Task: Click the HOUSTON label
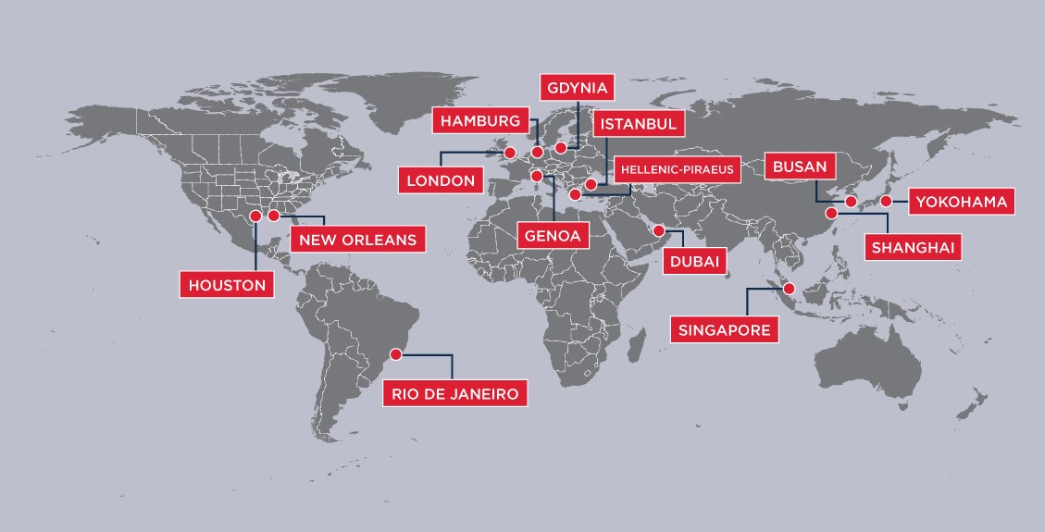click(228, 285)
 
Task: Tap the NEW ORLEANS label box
click(358, 240)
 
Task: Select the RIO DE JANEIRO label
click(456, 393)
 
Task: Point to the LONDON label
click(441, 179)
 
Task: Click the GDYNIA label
click(576, 89)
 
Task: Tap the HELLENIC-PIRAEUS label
click(676, 169)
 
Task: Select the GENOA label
click(553, 235)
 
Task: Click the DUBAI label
click(692, 262)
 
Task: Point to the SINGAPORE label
click(724, 329)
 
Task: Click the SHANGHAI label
click(913, 247)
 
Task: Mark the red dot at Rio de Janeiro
click(397, 353)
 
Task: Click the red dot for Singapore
click(789, 289)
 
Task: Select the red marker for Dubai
click(658, 230)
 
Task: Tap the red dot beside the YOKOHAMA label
click(886, 201)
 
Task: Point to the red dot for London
click(507, 152)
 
